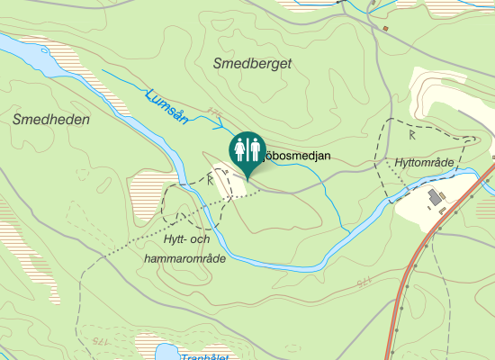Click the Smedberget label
(253, 63)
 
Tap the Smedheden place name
(44, 119)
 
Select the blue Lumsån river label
(166, 105)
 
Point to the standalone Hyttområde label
(423, 162)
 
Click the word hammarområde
(184, 257)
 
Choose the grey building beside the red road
(436, 197)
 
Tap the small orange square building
(385, 29)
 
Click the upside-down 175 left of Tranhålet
(99, 341)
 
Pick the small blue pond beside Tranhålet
(165, 352)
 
